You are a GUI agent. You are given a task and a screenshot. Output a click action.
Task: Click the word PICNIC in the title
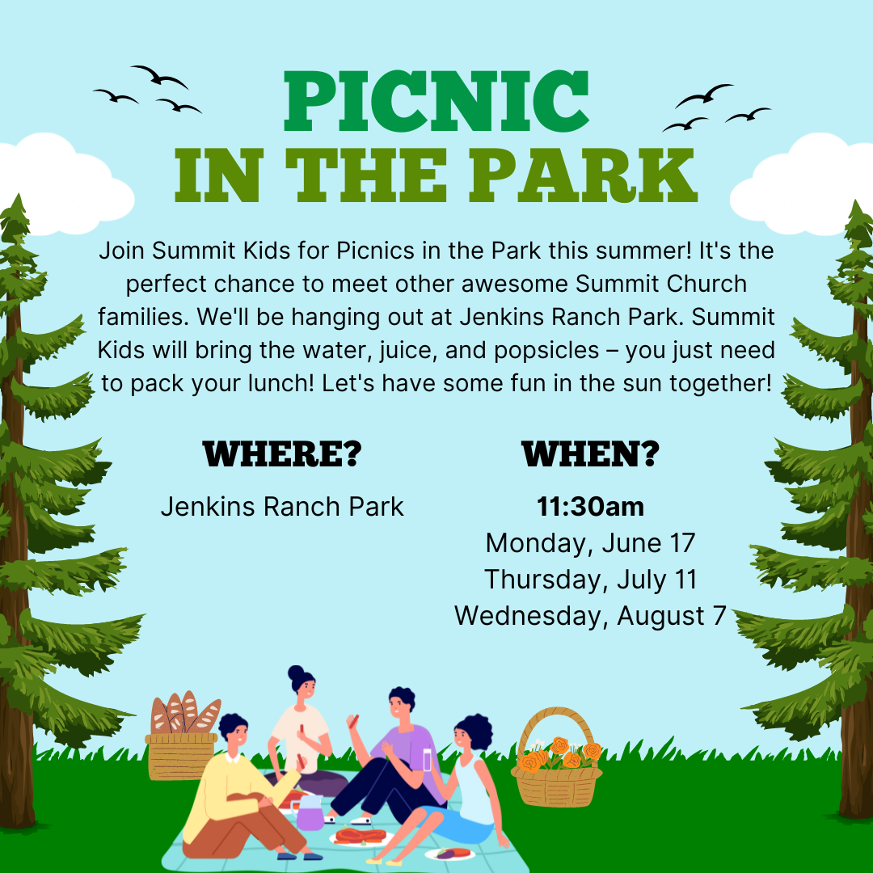[x=436, y=101]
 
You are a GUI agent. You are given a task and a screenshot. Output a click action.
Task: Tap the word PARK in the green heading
[x=583, y=176]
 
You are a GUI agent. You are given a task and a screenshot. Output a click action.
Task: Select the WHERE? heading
[x=282, y=453]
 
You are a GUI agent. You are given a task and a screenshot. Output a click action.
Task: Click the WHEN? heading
[x=591, y=453]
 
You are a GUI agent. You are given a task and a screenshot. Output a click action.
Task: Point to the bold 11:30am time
[x=591, y=507]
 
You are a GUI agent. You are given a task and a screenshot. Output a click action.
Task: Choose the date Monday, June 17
[x=591, y=543]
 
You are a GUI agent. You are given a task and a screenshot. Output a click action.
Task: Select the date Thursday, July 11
[x=591, y=580]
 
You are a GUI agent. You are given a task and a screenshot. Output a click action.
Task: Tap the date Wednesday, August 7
[x=591, y=616]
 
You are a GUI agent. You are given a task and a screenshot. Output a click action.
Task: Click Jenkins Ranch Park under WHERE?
[x=282, y=507]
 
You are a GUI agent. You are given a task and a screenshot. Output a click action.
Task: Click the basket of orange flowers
[x=557, y=760]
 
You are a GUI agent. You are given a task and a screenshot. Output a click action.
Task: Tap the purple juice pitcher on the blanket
[x=309, y=812]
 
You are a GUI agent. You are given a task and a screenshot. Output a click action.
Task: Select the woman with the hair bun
[x=301, y=723]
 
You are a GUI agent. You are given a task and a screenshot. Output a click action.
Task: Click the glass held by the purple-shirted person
[x=428, y=759]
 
